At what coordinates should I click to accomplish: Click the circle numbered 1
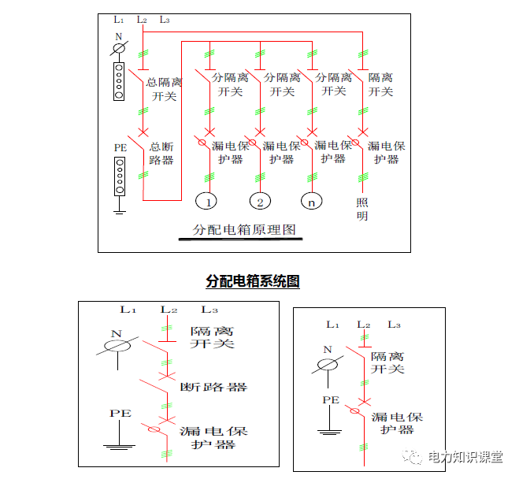point(206,201)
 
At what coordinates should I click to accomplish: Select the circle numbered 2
point(260,201)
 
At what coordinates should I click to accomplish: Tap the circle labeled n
point(313,201)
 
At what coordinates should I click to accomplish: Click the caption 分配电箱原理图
point(244,231)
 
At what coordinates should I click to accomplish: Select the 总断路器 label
point(161,154)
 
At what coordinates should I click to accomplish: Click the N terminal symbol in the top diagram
point(119,49)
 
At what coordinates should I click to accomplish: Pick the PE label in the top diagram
point(120,147)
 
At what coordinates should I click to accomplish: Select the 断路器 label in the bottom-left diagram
point(213,387)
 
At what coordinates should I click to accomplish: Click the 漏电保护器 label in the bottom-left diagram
point(213,438)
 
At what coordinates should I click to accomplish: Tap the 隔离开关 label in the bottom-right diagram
point(388,362)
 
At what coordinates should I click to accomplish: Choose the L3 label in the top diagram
point(165,19)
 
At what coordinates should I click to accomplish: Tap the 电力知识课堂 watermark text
point(465,457)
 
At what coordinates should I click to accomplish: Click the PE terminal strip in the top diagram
point(120,176)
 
